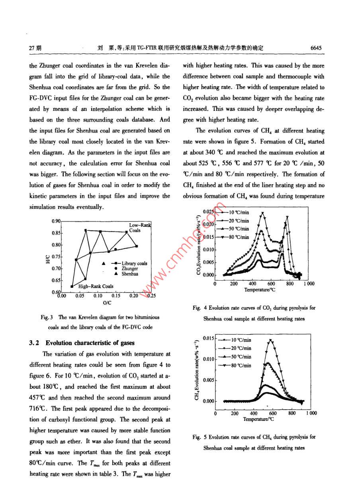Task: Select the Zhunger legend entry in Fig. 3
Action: [x=129, y=269]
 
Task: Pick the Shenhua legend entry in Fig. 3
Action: [x=129, y=274]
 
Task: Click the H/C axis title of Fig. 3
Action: [x=48, y=259]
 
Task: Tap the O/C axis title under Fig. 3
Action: [x=107, y=303]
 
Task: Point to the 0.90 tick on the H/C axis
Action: [x=56, y=221]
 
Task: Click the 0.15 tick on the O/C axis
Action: [x=116, y=296]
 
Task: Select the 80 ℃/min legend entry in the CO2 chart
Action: [x=239, y=237]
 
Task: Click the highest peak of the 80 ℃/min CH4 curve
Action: [x=271, y=340]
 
